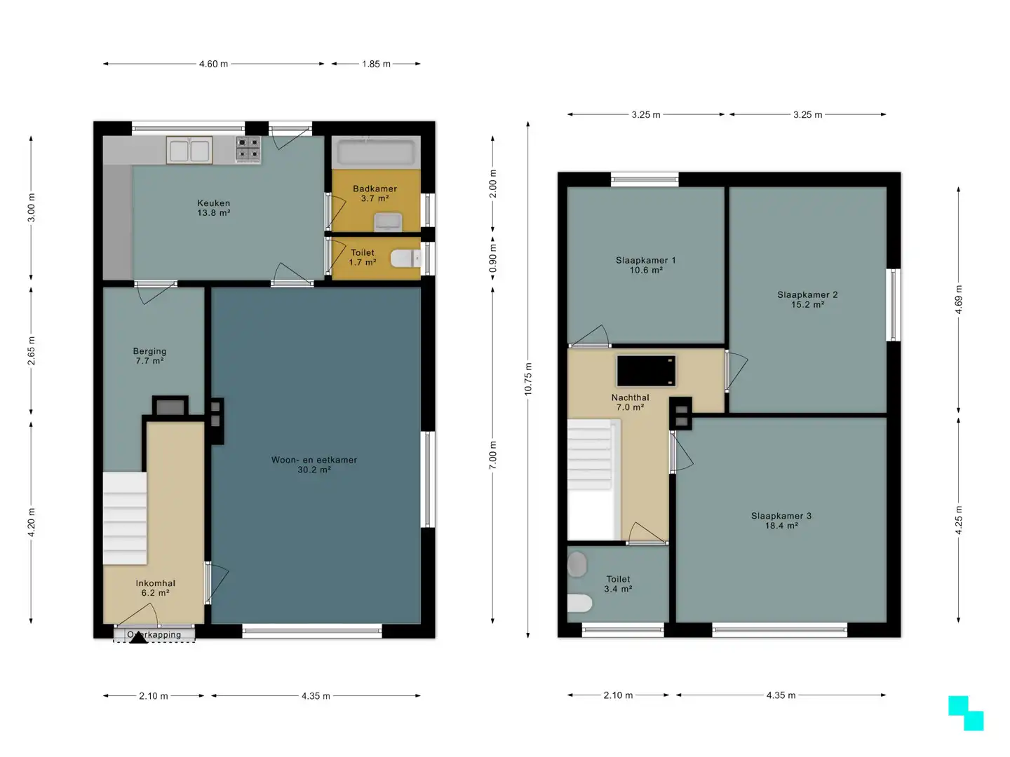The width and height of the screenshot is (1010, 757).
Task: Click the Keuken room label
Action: pyautogui.click(x=213, y=207)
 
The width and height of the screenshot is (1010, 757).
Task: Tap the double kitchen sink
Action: pyautogui.click(x=189, y=151)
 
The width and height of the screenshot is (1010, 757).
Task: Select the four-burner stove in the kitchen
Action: pyautogui.click(x=248, y=149)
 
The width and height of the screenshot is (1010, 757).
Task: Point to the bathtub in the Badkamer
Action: pyautogui.click(x=375, y=152)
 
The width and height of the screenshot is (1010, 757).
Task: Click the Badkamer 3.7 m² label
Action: pyautogui.click(x=375, y=193)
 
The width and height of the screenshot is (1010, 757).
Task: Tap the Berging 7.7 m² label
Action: pyautogui.click(x=149, y=356)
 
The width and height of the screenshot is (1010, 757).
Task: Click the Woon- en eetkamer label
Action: pyautogui.click(x=314, y=465)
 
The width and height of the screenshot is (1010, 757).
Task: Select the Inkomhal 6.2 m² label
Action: pyautogui.click(x=155, y=588)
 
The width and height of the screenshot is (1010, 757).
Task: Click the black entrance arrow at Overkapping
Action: pyautogui.click(x=138, y=638)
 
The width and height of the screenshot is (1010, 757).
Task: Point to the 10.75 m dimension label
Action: pyautogui.click(x=528, y=378)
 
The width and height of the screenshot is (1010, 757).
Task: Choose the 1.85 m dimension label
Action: pyautogui.click(x=376, y=64)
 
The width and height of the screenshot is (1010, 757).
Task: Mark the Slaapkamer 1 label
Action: pyautogui.click(x=645, y=265)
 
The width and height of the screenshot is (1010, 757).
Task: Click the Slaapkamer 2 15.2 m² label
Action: pyautogui.click(x=807, y=299)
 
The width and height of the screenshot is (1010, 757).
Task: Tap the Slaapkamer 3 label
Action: pyautogui.click(x=781, y=521)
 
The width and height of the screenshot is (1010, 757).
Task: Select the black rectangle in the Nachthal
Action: pyautogui.click(x=646, y=371)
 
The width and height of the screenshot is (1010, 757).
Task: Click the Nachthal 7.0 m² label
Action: pyautogui.click(x=630, y=402)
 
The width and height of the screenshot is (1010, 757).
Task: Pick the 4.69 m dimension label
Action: pyautogui.click(x=958, y=300)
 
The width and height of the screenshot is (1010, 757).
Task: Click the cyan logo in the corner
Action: pyautogui.click(x=966, y=713)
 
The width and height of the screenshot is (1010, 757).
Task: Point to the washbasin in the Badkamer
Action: pyautogui.click(x=388, y=221)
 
